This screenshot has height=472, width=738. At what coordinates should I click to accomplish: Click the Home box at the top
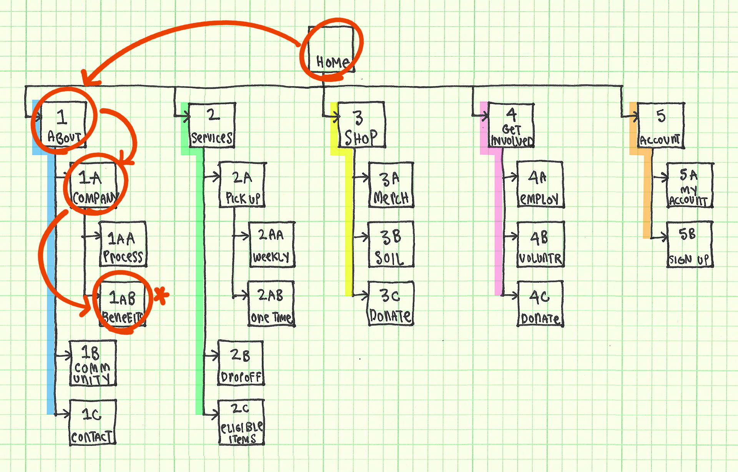click(x=331, y=49)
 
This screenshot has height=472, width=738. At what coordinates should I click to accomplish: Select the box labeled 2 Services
click(x=212, y=125)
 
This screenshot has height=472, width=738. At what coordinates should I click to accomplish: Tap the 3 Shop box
click(x=361, y=125)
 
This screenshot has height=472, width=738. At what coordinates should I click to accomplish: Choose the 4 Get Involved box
click(x=511, y=125)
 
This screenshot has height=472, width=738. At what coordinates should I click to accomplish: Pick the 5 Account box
click(x=661, y=125)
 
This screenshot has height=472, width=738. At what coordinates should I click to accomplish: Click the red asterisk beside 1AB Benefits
click(x=161, y=295)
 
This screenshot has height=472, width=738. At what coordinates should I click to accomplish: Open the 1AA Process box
click(x=123, y=244)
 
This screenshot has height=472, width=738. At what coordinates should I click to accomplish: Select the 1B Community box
click(x=93, y=363)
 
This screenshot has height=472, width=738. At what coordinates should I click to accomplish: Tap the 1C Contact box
click(x=93, y=422)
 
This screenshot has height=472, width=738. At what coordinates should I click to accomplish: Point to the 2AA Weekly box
click(x=272, y=245)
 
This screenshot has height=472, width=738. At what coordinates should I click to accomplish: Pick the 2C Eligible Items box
click(x=241, y=422)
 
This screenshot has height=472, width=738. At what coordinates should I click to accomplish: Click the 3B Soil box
click(x=391, y=244)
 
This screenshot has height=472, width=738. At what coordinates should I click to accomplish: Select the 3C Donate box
click(x=391, y=304)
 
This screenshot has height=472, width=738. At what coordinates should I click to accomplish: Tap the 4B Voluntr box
click(x=540, y=244)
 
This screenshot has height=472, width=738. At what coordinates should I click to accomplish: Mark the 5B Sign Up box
click(x=690, y=244)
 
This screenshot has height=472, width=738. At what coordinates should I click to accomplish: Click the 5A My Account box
click(x=690, y=185)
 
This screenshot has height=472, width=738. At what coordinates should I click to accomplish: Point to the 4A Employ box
click(x=540, y=185)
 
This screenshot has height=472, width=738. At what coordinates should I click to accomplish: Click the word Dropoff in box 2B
click(x=241, y=378)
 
